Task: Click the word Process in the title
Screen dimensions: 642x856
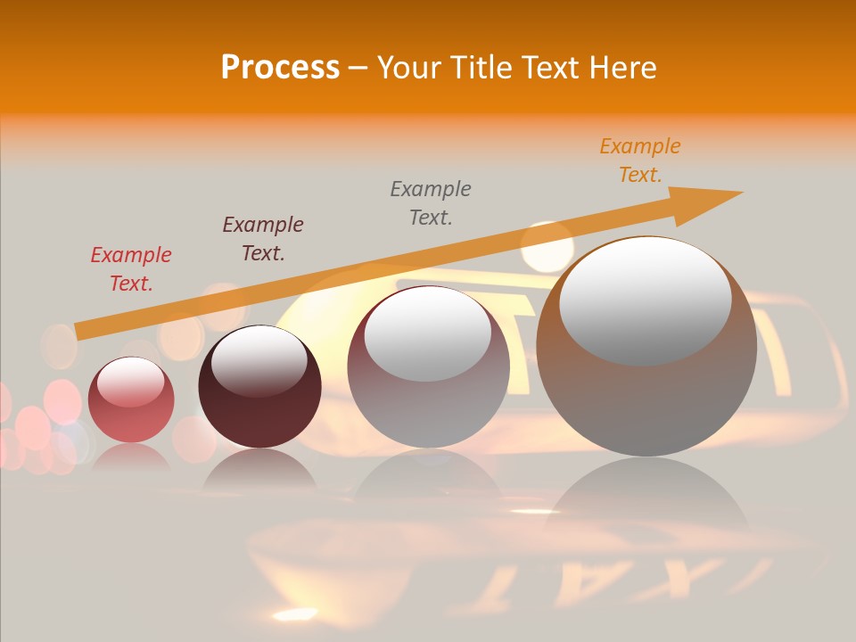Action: (x=280, y=68)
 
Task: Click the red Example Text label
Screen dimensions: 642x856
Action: (x=131, y=268)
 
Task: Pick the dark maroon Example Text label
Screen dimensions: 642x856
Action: (x=263, y=238)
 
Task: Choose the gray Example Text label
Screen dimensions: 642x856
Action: (x=431, y=202)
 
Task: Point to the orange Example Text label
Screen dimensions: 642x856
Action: (x=640, y=160)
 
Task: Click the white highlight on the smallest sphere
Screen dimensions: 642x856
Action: (x=130, y=382)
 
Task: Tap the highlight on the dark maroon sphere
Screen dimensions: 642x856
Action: (x=259, y=360)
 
